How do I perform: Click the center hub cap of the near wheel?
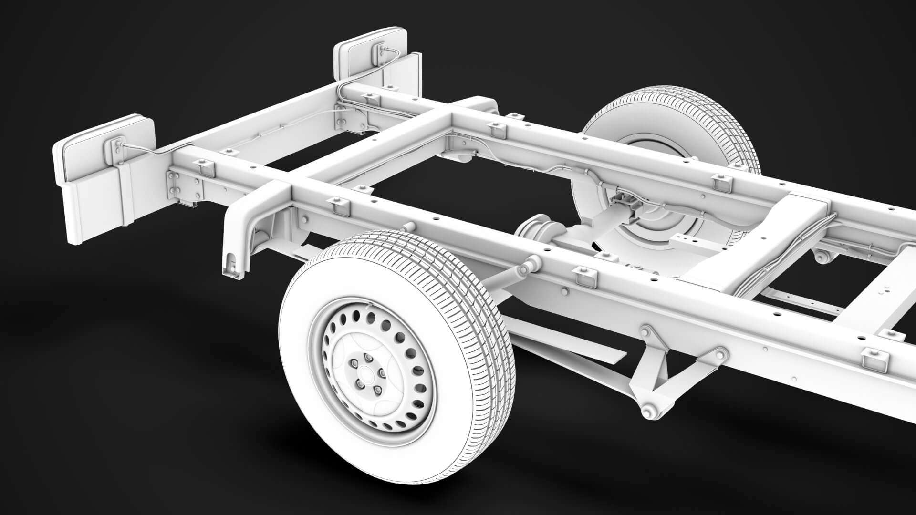tap(364, 370)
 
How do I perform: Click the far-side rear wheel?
tap(668, 157)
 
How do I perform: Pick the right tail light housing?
tap(370, 57)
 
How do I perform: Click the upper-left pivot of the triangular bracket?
tap(646, 331)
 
